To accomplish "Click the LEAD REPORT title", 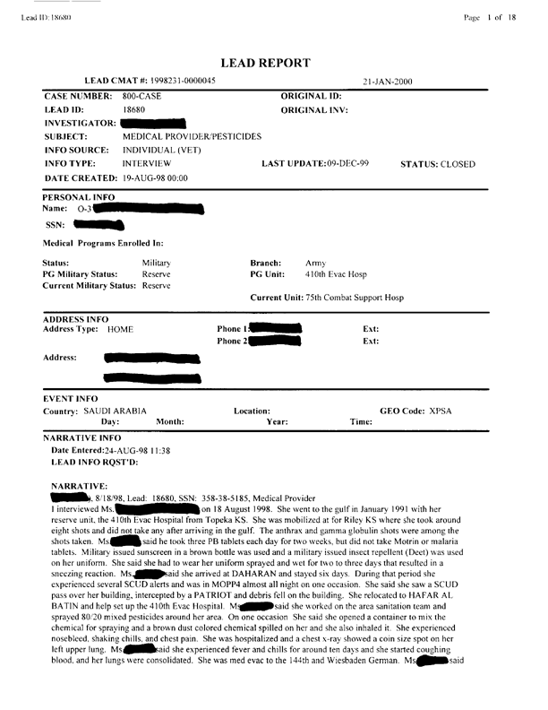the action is point(273,63).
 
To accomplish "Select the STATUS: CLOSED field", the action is point(438,164).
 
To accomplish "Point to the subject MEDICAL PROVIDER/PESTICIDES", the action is point(192,136).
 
